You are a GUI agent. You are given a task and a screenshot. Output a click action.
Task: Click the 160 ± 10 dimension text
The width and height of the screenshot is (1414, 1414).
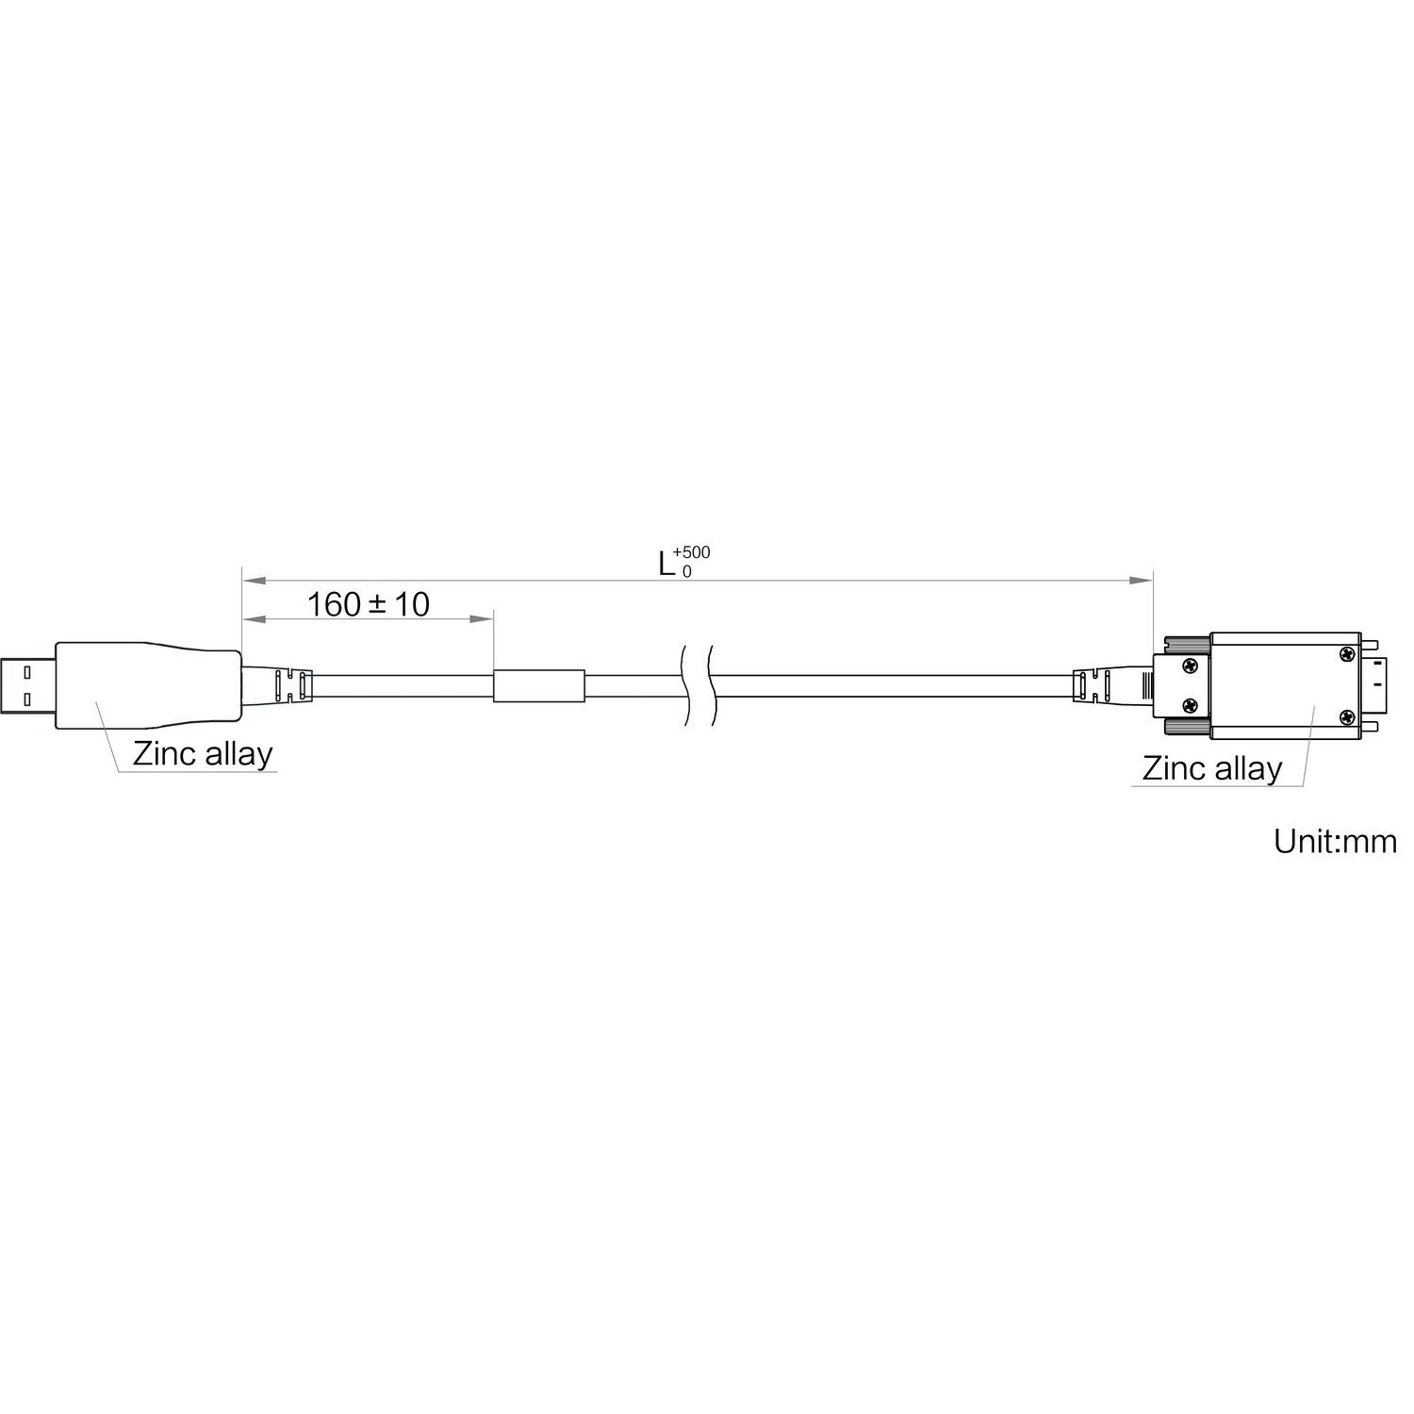coord(369,603)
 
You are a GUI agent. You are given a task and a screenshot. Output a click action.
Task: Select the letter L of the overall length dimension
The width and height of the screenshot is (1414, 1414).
coord(666,564)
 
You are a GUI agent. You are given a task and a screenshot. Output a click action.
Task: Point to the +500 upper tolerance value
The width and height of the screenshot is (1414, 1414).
coord(692,552)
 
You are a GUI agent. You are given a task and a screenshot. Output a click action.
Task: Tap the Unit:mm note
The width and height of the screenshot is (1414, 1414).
coord(1335,841)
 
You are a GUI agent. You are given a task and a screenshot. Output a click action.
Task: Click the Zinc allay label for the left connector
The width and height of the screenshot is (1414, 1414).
coord(203,754)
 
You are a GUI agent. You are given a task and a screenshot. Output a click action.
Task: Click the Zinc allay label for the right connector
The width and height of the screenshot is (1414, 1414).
coord(1212,768)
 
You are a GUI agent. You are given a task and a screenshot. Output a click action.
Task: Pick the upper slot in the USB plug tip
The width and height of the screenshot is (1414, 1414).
coord(25,671)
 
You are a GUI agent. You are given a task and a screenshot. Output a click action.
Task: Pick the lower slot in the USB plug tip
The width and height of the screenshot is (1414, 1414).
coord(25,699)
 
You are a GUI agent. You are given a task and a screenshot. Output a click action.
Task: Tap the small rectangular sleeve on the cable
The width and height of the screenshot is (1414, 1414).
coord(539,685)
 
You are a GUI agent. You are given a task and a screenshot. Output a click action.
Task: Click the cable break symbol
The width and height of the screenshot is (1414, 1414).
coord(697,685)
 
